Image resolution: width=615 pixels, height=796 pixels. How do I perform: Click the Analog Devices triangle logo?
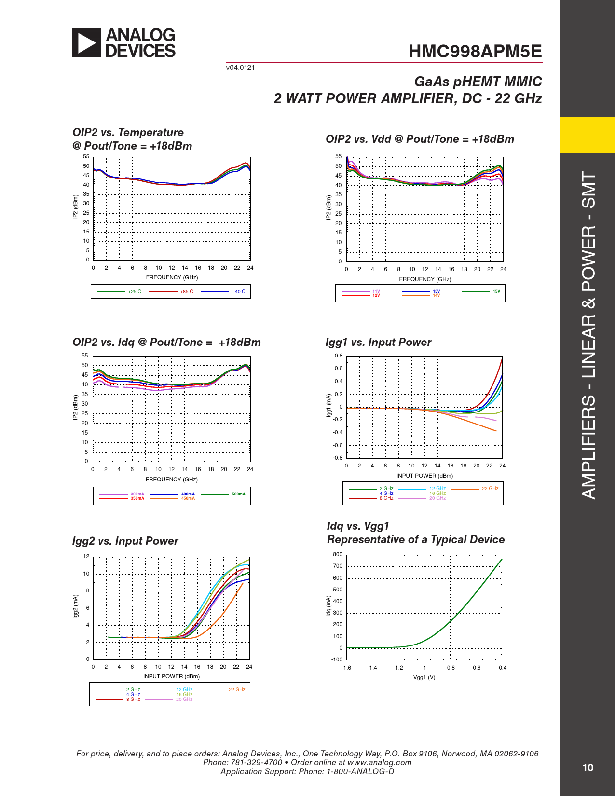pos(87,43)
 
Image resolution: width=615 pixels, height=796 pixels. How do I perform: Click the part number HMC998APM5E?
pos(475,52)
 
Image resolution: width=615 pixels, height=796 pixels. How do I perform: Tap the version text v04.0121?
pos(240,68)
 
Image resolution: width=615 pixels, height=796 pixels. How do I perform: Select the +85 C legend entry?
pos(187,292)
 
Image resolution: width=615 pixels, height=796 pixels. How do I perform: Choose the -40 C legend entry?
pos(239,292)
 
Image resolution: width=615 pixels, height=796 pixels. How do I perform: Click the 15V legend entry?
pos(496,291)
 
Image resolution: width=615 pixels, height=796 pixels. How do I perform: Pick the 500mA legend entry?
pos(238,494)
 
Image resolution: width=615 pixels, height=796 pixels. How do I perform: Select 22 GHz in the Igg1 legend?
pos(490,489)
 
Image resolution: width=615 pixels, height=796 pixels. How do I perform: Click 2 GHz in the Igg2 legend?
pos(133,690)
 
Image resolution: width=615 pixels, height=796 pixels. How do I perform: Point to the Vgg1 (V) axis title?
pos(424,677)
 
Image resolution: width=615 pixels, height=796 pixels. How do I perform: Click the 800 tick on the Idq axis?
pos(338,555)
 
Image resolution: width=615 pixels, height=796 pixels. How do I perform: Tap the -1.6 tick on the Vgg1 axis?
pos(346,668)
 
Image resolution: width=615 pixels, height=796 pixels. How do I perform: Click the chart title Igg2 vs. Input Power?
pos(125,541)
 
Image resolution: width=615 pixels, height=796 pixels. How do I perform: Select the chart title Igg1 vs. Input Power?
pos(378,343)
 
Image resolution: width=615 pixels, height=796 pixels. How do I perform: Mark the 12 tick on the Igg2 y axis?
pos(86,556)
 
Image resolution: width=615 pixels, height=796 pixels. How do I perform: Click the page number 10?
pos(588,768)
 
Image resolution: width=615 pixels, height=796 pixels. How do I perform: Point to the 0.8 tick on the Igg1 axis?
pos(339,356)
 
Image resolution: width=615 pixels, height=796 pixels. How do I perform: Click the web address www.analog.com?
pos(379,762)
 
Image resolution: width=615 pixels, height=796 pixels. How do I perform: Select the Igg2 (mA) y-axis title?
pos(75,607)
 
